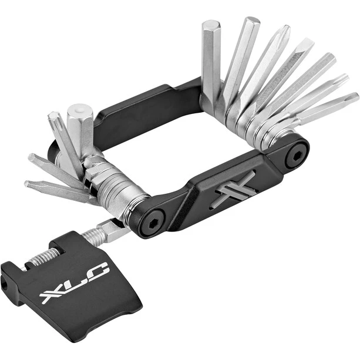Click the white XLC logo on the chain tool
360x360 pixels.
pyautogui.click(x=74, y=283)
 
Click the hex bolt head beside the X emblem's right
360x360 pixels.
pyautogui.click(x=297, y=156)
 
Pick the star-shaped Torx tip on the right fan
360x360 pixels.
pyautogui.click(x=341, y=79)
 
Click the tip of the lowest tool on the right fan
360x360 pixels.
pyautogui.click(x=352, y=97)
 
